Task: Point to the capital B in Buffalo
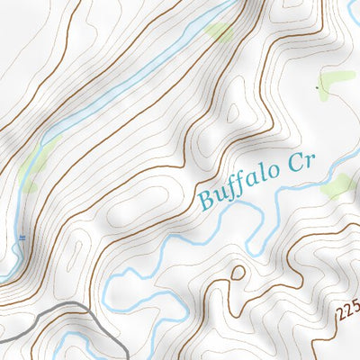click(206, 198)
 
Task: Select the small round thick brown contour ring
click(238, 273)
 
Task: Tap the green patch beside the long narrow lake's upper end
click(219, 32)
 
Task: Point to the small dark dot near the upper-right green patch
click(318, 87)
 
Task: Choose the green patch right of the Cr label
click(337, 186)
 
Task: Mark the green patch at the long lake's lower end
click(34, 162)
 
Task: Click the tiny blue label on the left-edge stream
click(22, 238)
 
